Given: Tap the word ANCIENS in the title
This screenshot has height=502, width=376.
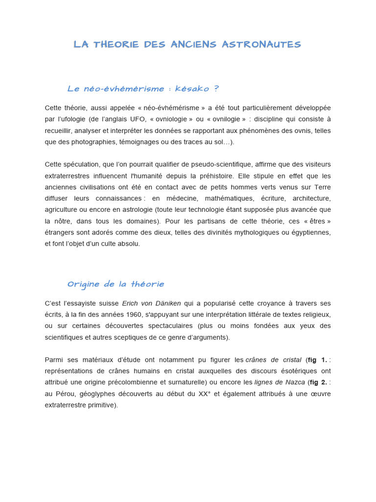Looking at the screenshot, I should [x=193, y=45].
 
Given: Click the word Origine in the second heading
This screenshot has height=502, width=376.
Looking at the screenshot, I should [x=84, y=284].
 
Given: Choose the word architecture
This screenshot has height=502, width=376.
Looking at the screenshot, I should [x=311, y=198].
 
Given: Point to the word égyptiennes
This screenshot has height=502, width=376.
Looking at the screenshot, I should [x=308, y=232].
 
